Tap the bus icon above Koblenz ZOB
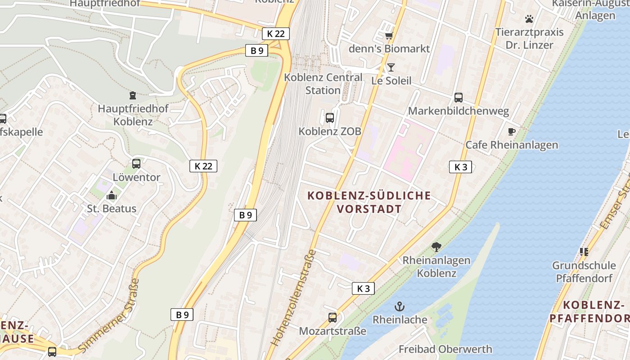330,118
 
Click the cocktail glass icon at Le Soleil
391,67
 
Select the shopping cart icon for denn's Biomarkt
389,36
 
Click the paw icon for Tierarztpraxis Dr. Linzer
529,19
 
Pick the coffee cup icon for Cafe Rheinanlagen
511,131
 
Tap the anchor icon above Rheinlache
400,306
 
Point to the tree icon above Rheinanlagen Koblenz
436,247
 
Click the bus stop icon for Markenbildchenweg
459,97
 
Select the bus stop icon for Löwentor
136,164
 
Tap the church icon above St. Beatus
112,195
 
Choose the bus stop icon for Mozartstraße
333,318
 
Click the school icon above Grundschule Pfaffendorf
584,252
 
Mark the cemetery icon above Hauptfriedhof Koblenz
133,95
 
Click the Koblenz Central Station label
323,84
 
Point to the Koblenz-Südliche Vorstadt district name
369,202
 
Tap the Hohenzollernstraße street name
293,298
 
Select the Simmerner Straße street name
109,315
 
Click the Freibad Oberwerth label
445,349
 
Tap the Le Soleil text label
391,81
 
